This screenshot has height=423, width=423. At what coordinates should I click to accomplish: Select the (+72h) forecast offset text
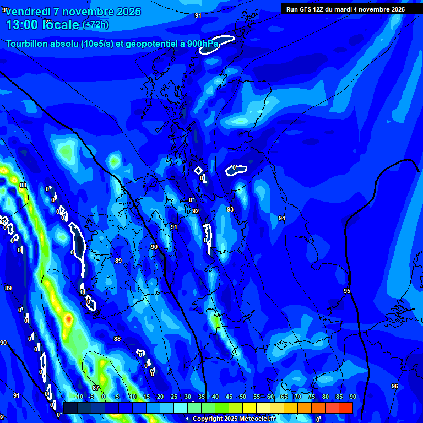pyautogui.click(x=95, y=25)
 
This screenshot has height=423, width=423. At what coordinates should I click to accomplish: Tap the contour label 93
pyautogui.click(x=230, y=209)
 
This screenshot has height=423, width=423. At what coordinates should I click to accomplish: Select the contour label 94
pyautogui.click(x=282, y=219)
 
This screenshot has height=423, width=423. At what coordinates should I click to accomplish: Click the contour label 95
pyautogui.click(x=346, y=291)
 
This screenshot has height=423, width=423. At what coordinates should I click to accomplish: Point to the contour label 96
pyautogui.click(x=394, y=386)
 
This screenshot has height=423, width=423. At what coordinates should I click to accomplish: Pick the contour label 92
pyautogui.click(x=195, y=211)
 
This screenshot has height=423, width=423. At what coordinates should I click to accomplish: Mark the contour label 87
pyautogui.click(x=96, y=388)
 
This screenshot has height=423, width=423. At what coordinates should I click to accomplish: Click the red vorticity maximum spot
pyautogui.click(x=68, y=318)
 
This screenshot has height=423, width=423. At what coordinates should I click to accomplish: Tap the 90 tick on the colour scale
pyautogui.click(x=352, y=397)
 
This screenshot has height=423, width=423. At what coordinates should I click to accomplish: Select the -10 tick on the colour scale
pyautogui.click(x=78, y=397)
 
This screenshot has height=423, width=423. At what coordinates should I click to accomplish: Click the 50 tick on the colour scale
pyautogui.click(x=242, y=397)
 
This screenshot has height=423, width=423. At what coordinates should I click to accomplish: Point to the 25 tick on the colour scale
pyautogui.click(x=173, y=397)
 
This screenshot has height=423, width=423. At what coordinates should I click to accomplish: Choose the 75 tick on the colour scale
pyautogui.click(x=311, y=397)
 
